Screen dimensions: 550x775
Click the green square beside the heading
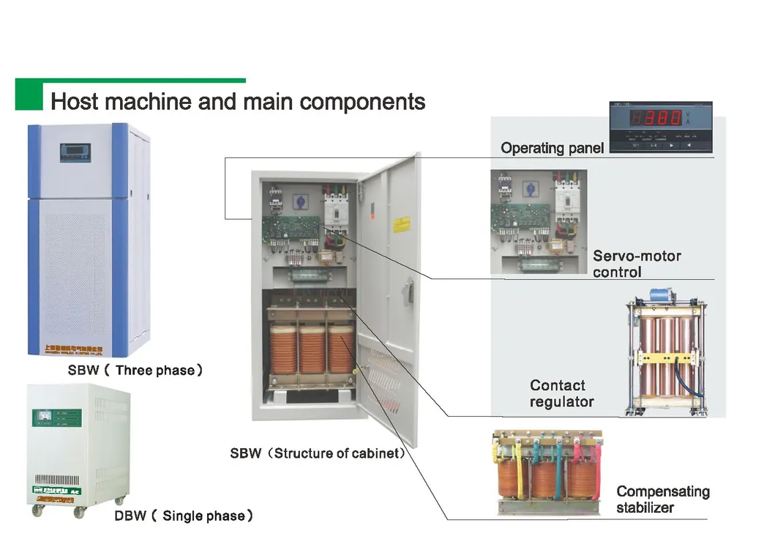[x=29, y=96]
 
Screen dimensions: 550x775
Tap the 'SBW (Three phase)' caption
[x=135, y=371]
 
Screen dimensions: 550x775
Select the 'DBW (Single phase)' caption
[x=184, y=516]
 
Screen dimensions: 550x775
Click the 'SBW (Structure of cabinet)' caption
[x=318, y=453]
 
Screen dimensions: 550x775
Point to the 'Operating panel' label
[x=552, y=148]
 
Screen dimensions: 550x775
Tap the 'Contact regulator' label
[x=561, y=393]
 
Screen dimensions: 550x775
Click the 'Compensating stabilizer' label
[x=662, y=499]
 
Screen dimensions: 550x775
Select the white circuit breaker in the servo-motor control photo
[x=566, y=205]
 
